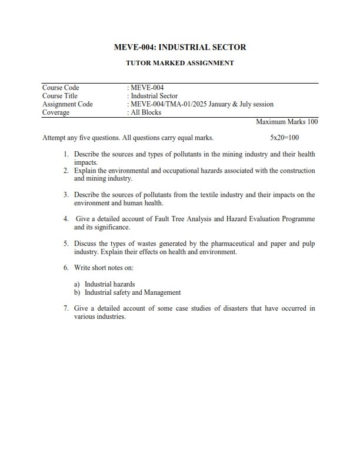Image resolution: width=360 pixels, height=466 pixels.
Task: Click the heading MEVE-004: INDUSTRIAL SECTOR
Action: [x=180, y=47]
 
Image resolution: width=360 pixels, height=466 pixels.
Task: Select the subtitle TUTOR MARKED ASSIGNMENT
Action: [x=180, y=63]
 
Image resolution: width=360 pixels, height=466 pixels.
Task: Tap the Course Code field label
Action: [x=61, y=88]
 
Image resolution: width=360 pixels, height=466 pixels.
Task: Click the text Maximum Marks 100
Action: [x=287, y=122]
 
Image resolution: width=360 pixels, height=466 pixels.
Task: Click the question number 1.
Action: [x=66, y=154]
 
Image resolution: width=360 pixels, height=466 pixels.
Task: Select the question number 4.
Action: [x=66, y=219]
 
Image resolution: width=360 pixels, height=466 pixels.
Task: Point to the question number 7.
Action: [x=66, y=308]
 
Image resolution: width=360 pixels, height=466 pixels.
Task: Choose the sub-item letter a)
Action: [x=77, y=284]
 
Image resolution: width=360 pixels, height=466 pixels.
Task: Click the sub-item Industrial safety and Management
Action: [x=133, y=292]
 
